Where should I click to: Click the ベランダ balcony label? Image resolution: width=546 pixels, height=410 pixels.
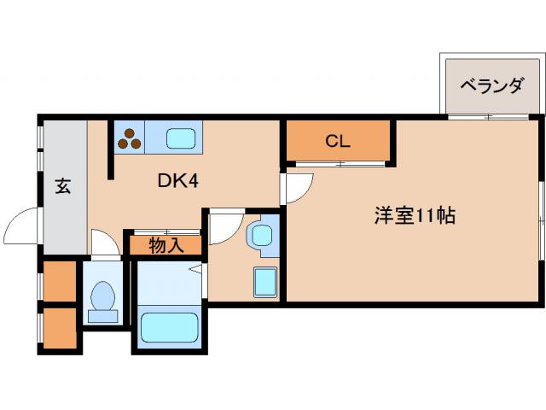point(491,85)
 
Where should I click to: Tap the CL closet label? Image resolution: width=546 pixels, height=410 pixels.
point(338,142)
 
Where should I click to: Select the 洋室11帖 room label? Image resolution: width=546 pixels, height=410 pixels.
point(414,216)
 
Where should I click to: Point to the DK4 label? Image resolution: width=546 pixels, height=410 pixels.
point(178,181)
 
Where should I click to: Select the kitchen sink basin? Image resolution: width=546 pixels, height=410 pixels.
point(182,138)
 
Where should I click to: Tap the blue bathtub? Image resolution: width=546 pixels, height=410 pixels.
point(168,328)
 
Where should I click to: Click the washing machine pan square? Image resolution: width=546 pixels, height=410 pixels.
point(264,281)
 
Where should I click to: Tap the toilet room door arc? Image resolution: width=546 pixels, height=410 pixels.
point(104,243)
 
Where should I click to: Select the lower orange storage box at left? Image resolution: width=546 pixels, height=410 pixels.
point(60,327)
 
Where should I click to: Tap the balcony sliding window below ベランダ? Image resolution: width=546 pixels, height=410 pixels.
point(488,116)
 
